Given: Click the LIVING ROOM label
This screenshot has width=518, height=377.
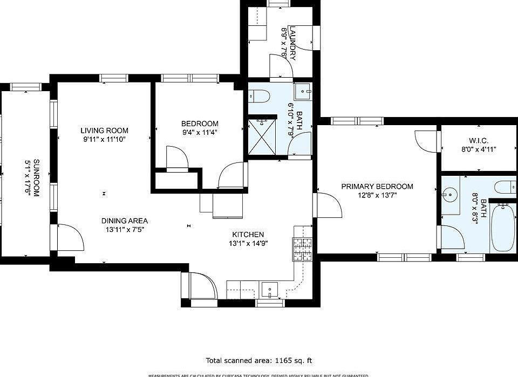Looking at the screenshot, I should (104, 131).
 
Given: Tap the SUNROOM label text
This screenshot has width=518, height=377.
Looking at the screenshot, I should (36, 178).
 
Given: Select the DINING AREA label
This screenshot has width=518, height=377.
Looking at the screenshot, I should (124, 221).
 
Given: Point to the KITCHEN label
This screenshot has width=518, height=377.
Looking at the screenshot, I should (248, 235).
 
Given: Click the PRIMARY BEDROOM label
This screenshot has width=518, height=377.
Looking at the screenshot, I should (377, 187).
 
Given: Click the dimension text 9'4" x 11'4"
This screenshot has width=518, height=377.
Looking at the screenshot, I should (199, 132).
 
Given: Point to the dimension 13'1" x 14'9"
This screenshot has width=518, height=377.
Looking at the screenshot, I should (248, 243).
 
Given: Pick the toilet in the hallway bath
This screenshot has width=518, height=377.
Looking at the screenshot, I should (261, 96).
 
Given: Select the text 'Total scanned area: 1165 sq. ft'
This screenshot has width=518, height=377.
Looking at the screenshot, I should (259, 360).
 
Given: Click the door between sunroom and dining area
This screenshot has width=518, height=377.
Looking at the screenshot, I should (69, 237).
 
